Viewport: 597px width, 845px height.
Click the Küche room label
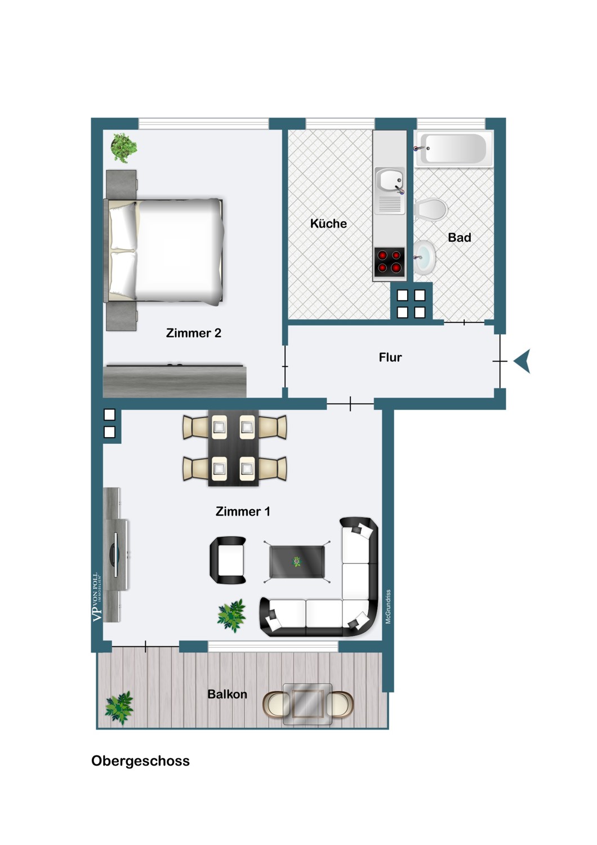(x=328, y=224)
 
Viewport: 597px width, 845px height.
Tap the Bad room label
(x=459, y=238)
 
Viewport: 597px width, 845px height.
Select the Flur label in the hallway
(x=390, y=357)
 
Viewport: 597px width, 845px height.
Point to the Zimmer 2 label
(x=193, y=333)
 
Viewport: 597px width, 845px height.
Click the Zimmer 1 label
(x=243, y=512)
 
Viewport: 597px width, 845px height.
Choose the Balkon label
(x=227, y=694)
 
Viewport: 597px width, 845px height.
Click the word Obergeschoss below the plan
(x=140, y=761)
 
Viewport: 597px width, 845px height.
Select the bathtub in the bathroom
(x=455, y=149)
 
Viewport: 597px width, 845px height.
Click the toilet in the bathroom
(x=431, y=211)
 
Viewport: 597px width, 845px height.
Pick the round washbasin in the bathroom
(x=425, y=257)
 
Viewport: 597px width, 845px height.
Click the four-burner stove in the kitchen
(x=389, y=262)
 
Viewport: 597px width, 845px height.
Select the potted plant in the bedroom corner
(x=123, y=148)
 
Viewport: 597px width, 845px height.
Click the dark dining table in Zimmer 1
(x=233, y=448)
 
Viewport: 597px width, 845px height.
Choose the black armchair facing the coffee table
(x=228, y=560)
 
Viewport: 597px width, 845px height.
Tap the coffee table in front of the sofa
(x=297, y=562)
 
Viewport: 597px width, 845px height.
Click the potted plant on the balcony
(x=119, y=708)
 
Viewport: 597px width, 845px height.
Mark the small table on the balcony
(x=307, y=704)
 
